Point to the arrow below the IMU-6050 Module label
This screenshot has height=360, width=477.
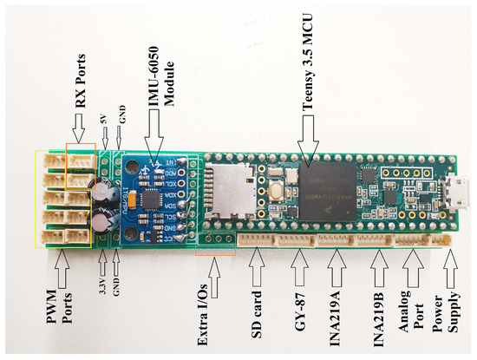click(155, 134)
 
